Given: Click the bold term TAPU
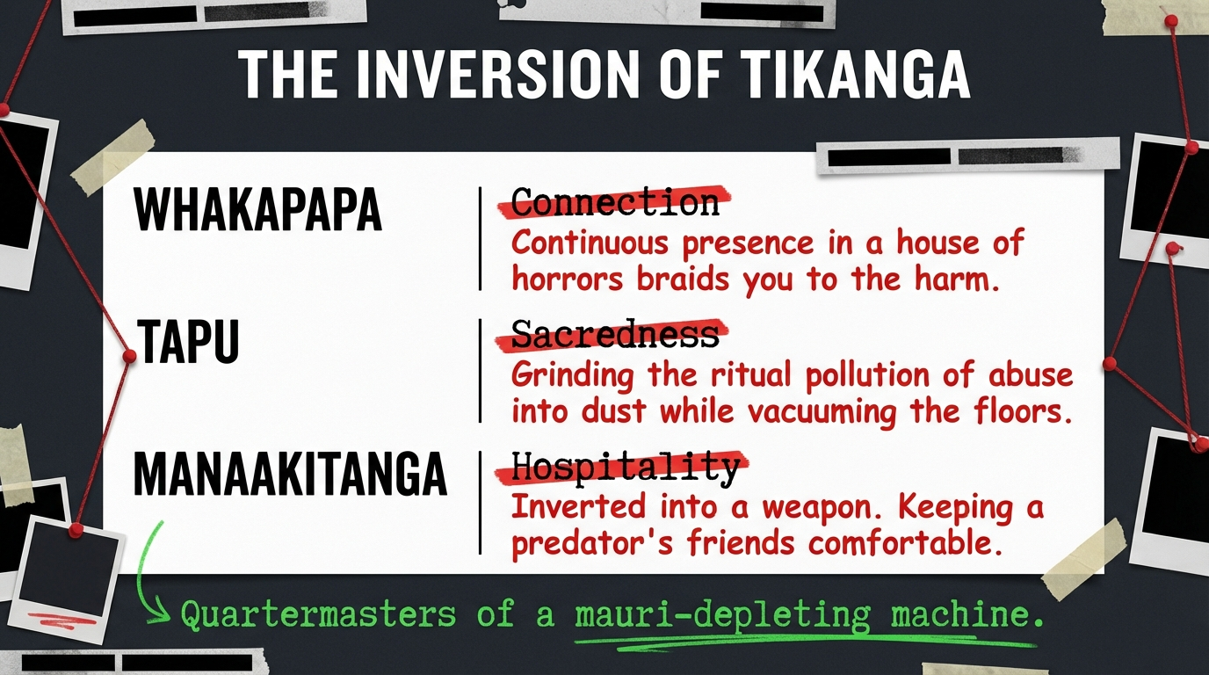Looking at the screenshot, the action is coord(188,341).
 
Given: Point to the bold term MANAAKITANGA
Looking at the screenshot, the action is coord(290,474).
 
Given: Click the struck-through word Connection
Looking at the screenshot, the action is coord(615,202).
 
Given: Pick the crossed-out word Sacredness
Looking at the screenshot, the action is coord(615,334).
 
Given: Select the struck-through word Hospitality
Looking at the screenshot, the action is coord(625,467).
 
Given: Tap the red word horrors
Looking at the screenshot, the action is coord(568,279).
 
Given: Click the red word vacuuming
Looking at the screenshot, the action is coord(822,411).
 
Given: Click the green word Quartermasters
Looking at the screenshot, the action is coord(318,614).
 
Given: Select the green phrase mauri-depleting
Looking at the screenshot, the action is coord(723,615).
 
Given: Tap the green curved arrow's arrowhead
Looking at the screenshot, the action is coord(160,615).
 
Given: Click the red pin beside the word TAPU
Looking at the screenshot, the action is coord(129,356).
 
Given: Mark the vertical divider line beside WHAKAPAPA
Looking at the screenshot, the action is coord(480,239).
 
